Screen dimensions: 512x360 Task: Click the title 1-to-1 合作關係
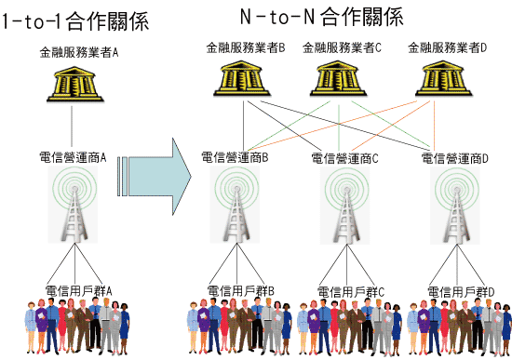coord(75,21)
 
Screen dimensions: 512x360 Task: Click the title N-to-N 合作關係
coord(322,17)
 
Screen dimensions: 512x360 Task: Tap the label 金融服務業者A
coord(79,52)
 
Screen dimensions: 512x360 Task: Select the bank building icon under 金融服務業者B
coord(242,78)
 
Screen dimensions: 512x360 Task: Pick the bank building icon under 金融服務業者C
coord(338,78)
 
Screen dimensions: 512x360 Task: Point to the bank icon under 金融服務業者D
coord(443,78)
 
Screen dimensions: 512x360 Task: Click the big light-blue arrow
coord(155,177)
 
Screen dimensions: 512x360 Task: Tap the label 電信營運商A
coord(73,157)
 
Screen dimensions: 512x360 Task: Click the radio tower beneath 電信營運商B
coord(236,205)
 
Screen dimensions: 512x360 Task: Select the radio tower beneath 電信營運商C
coord(345,206)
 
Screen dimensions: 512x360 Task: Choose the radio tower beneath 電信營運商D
coord(455,206)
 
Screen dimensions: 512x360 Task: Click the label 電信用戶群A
coord(79,291)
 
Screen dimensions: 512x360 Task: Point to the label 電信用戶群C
coord(351,292)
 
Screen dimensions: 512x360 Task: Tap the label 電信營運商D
coord(455,159)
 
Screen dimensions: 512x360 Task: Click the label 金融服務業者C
coord(342,48)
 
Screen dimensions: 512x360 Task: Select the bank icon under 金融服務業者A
coord(75,85)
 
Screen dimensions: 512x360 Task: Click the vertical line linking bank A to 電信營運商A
coord(72,126)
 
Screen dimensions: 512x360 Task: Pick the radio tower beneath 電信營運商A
coord(74,205)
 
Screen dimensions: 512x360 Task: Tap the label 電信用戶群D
coord(461,292)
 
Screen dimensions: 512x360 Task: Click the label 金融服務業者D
coord(448,48)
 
